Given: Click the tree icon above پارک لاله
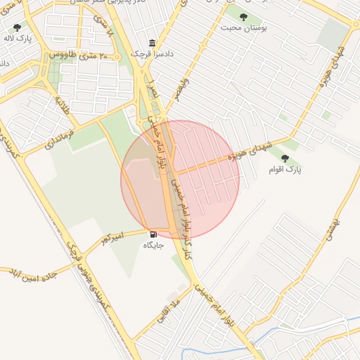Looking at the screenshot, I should point(17,27).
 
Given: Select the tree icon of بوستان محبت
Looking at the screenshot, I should point(243,17).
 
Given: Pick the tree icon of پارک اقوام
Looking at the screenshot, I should point(285,159).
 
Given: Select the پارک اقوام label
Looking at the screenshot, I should point(285,169).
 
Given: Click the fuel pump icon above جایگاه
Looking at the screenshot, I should point(153,235).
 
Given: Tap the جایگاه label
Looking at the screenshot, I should point(153,245).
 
